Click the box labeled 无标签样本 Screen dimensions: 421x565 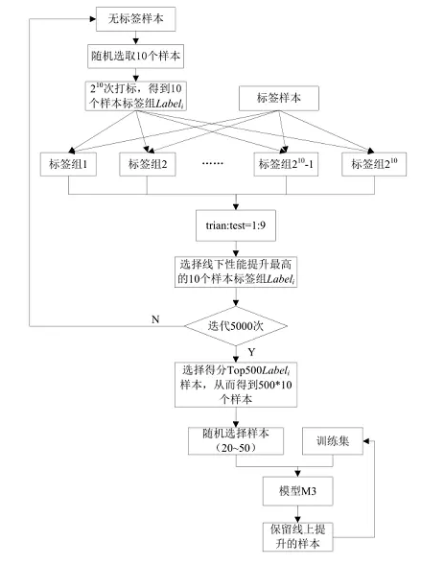coord(135,19)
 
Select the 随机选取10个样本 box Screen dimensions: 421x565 coord(135,57)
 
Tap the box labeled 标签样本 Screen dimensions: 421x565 coord(279,98)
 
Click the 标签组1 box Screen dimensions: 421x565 coord(68,164)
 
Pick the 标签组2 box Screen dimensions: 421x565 coord(148,164)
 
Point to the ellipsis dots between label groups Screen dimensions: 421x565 coord(213,164)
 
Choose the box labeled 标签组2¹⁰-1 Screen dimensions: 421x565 coord(286,164)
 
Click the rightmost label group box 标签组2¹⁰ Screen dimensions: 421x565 coord(374,164)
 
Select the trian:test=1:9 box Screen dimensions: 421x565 coord(236,225)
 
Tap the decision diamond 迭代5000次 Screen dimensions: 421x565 coord(236,326)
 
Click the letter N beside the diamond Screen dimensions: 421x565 coord(155,319)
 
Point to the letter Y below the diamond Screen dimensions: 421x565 coord(251,352)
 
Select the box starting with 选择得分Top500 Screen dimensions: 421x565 coord(236,385)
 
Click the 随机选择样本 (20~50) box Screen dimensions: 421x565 coord(236,441)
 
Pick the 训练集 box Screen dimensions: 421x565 coord(333,441)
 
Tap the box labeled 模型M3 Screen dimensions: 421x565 coord(298,491)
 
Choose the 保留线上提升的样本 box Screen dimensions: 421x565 coord(298,537)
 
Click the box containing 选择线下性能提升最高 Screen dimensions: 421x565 coord(236,272)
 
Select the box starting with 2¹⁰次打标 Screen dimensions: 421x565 coord(136,96)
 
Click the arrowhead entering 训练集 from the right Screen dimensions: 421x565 coord(366,441)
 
